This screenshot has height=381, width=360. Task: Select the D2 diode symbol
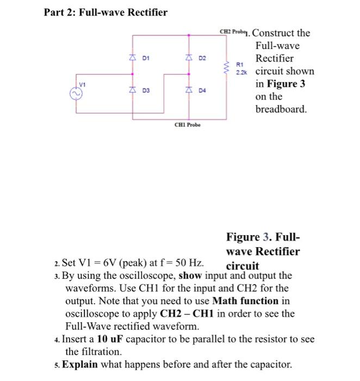pyautogui.click(x=189, y=57)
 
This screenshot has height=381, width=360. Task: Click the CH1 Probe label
pyautogui.click(x=187, y=125)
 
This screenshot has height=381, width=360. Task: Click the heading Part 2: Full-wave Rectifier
pyautogui.click(x=105, y=12)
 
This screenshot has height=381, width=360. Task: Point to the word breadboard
pyautogui.click(x=281, y=109)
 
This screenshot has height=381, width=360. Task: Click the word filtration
pyautogui.click(x=87, y=352)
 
